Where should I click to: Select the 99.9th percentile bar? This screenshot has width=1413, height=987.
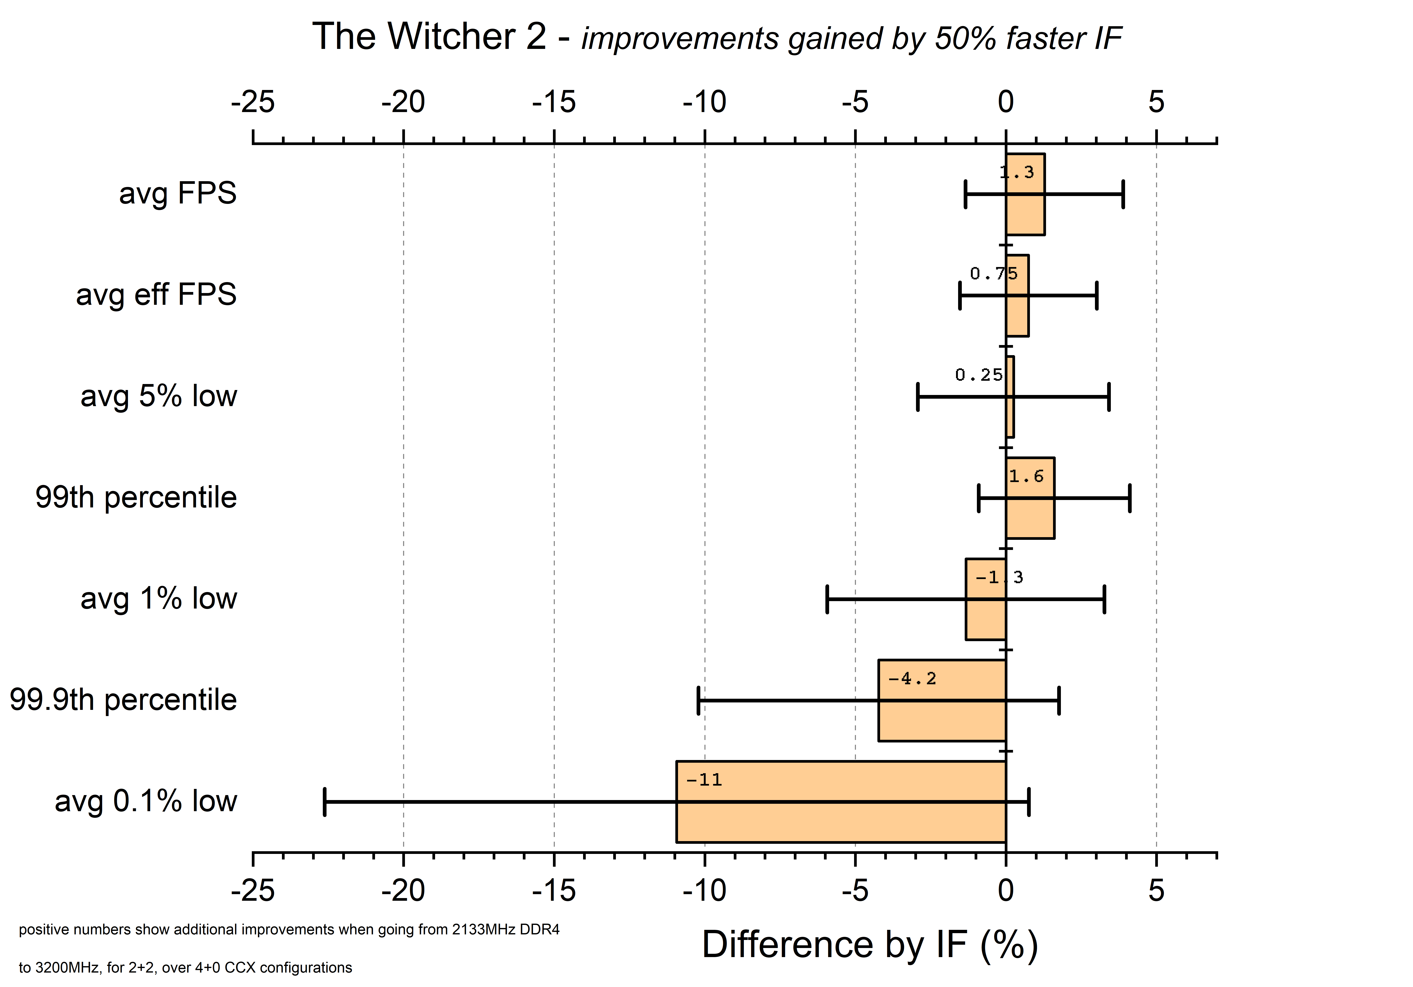(942, 700)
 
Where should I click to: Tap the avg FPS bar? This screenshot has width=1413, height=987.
(1025, 194)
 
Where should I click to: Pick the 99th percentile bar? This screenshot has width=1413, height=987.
(1030, 498)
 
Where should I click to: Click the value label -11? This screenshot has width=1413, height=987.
(704, 780)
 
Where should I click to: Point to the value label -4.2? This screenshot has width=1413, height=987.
(912, 679)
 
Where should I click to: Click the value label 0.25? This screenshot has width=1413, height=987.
(979, 375)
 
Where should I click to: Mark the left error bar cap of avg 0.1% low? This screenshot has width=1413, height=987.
(324, 802)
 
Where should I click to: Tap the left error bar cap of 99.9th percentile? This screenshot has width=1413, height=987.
(698, 700)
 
